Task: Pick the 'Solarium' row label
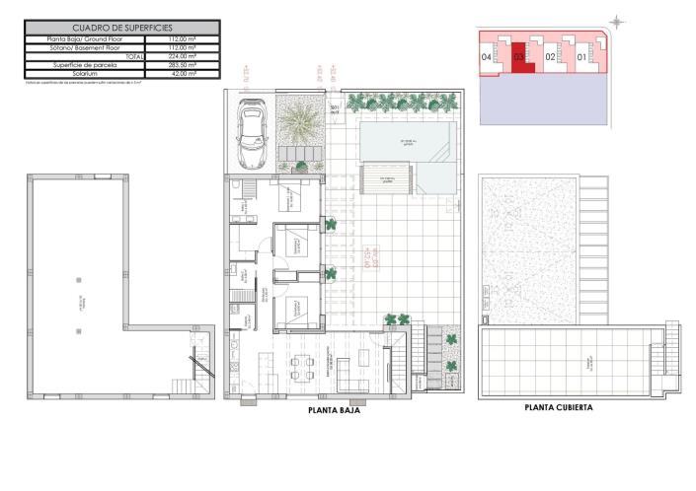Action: click(x=86, y=73)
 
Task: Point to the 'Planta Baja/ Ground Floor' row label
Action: click(x=86, y=39)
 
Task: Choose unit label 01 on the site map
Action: click(x=581, y=57)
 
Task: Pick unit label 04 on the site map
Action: click(x=487, y=57)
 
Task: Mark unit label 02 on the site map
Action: click(x=550, y=57)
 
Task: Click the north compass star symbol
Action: click(x=616, y=21)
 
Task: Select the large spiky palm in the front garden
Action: click(x=298, y=125)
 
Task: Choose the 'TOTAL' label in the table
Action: click(x=134, y=56)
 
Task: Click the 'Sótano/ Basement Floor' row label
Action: click(x=86, y=47)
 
